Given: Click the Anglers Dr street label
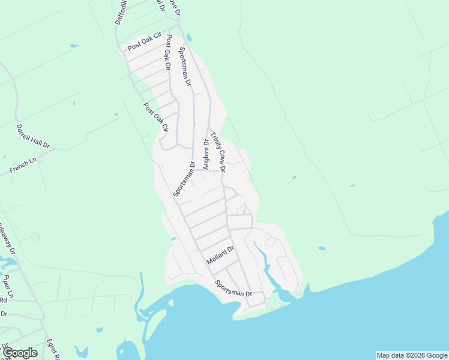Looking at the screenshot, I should (206, 155).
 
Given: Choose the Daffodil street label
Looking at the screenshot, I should (121, 12).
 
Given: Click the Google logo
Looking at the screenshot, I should (19, 353).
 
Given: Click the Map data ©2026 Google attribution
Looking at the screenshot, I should (412, 355).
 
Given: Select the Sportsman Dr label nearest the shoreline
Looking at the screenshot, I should (234, 289).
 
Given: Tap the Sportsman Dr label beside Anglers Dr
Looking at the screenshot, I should (184, 179).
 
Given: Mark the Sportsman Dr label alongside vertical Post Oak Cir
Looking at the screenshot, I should (184, 68).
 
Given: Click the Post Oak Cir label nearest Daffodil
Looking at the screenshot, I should (145, 42).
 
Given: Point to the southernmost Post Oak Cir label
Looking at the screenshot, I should (155, 116).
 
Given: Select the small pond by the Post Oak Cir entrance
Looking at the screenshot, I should (189, 37).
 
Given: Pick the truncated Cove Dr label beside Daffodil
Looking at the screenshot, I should (174, 8).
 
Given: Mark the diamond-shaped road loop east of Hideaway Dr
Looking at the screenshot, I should (34, 237).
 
